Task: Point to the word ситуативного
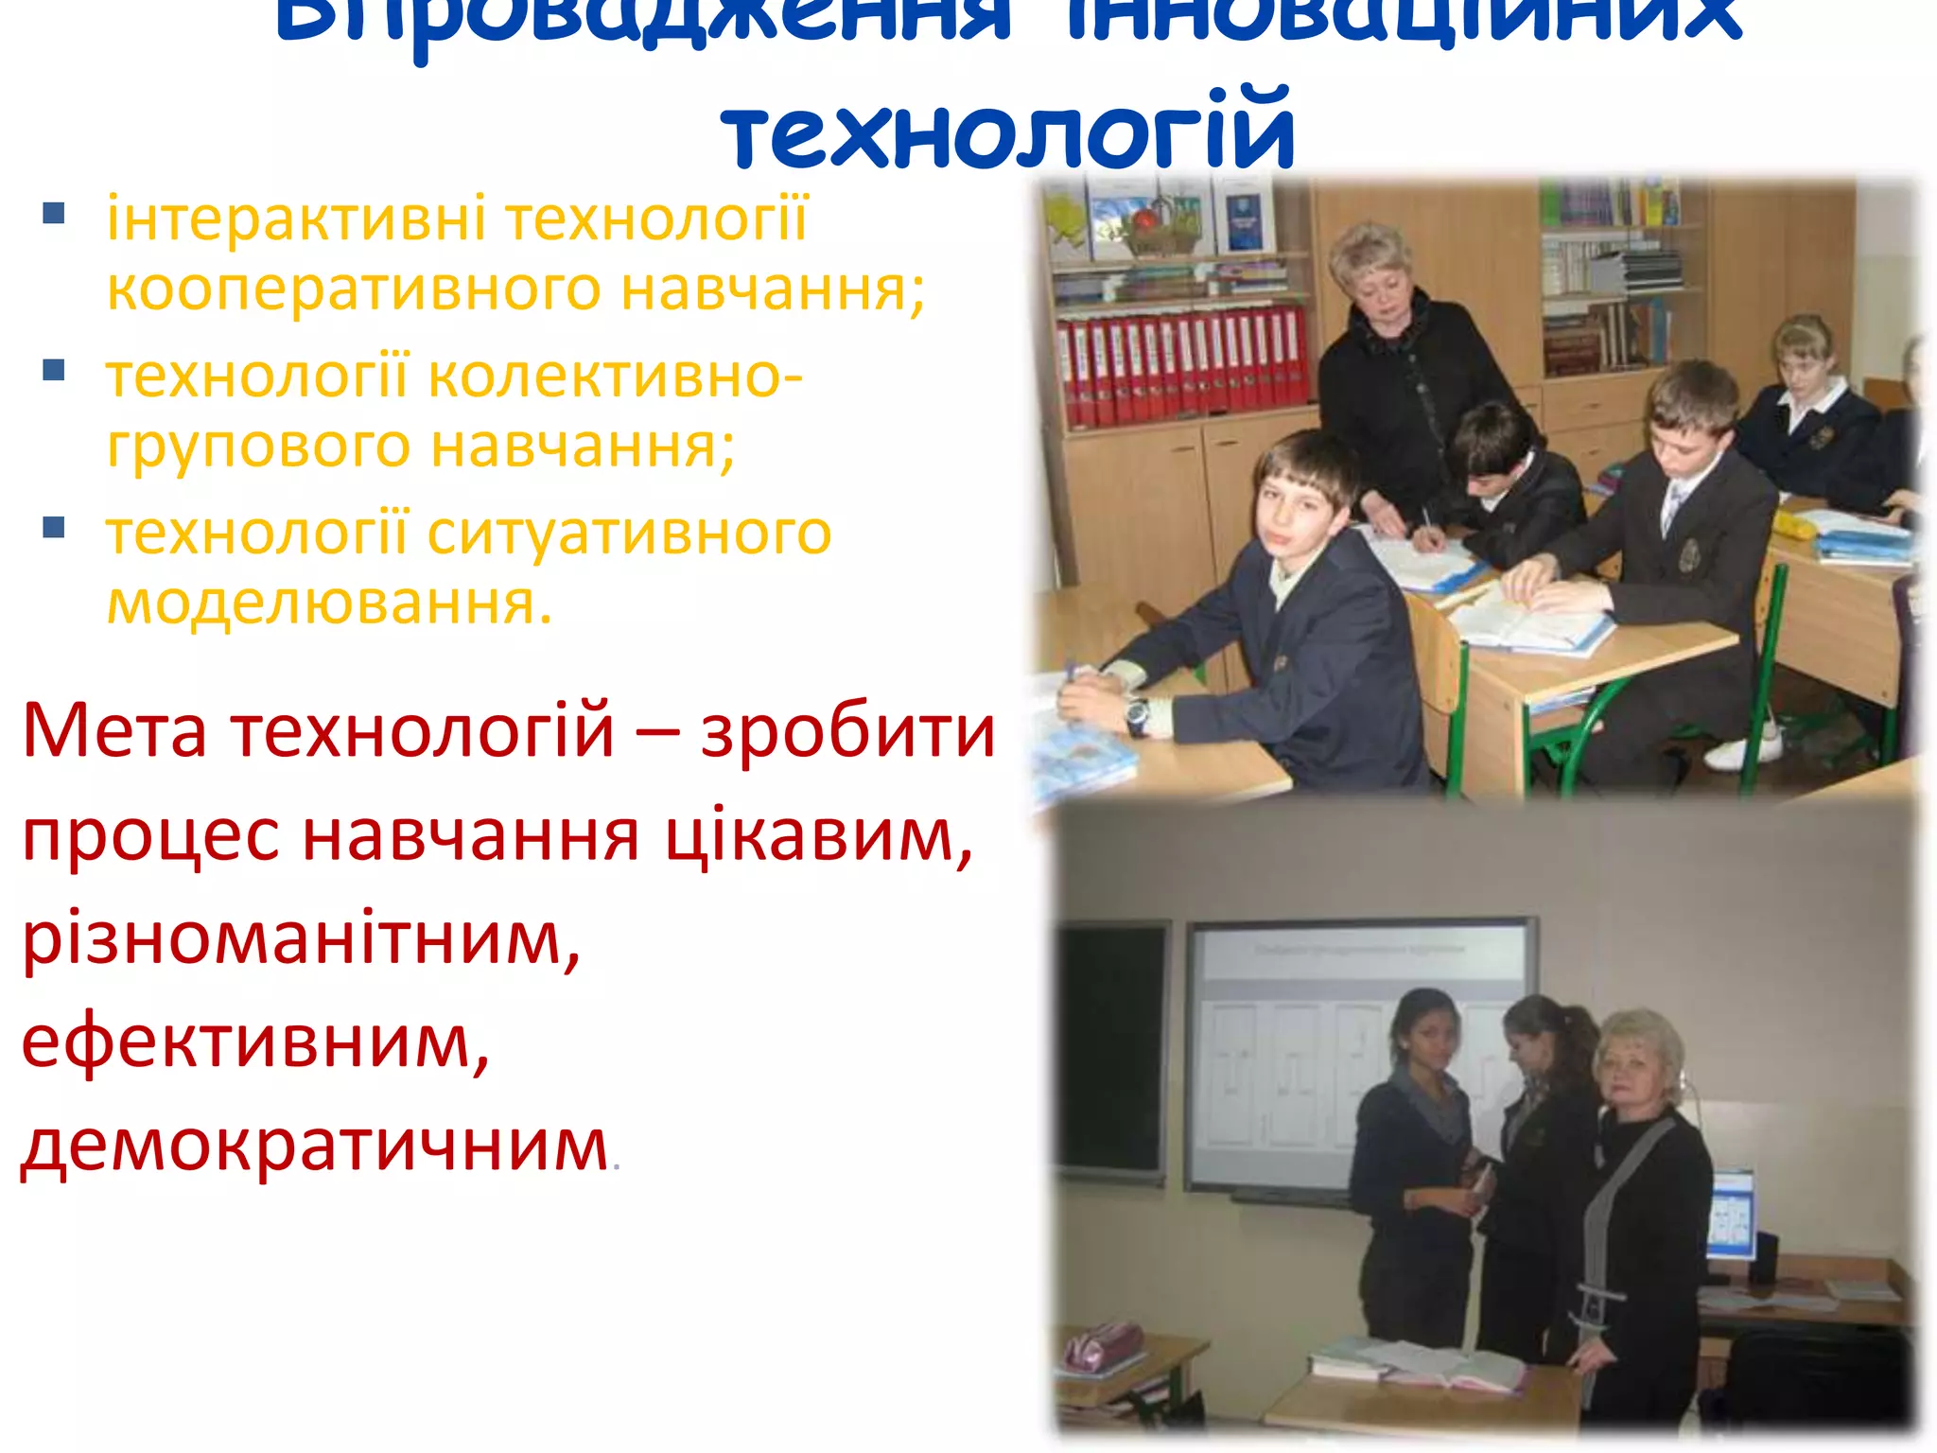tap(629, 534)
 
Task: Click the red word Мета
tap(113, 730)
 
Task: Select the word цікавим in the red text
tap(818, 836)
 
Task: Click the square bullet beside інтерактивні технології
tap(54, 213)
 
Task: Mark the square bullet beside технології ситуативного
tap(54, 527)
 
